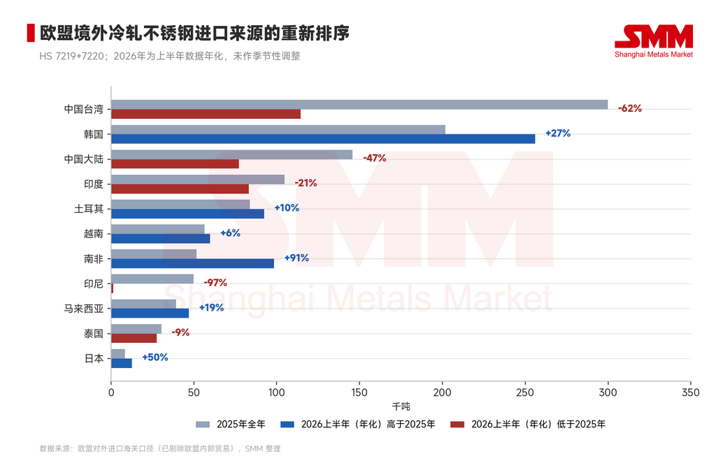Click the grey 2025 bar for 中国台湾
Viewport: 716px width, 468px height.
359,105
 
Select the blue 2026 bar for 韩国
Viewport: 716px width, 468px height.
323,139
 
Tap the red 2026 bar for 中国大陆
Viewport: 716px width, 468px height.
175,164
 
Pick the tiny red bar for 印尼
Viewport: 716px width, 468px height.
113,288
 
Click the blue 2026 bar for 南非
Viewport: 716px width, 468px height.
193,263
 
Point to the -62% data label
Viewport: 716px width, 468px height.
630,108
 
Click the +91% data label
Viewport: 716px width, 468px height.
296,257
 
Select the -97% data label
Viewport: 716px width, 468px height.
215,283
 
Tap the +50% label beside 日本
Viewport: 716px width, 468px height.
155,357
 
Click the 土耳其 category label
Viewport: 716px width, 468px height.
89,209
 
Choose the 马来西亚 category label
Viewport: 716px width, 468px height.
84,309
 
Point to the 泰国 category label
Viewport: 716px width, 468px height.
94,334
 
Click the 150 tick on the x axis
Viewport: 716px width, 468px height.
359,392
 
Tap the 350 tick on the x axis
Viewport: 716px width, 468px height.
690,392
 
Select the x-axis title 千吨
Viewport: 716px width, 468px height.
401,406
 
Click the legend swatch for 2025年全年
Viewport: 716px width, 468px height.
203,425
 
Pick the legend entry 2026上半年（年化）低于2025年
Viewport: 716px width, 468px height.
528,425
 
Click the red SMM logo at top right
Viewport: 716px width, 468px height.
654,41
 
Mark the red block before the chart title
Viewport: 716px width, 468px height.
31,33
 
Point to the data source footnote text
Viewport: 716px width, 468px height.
160,449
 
